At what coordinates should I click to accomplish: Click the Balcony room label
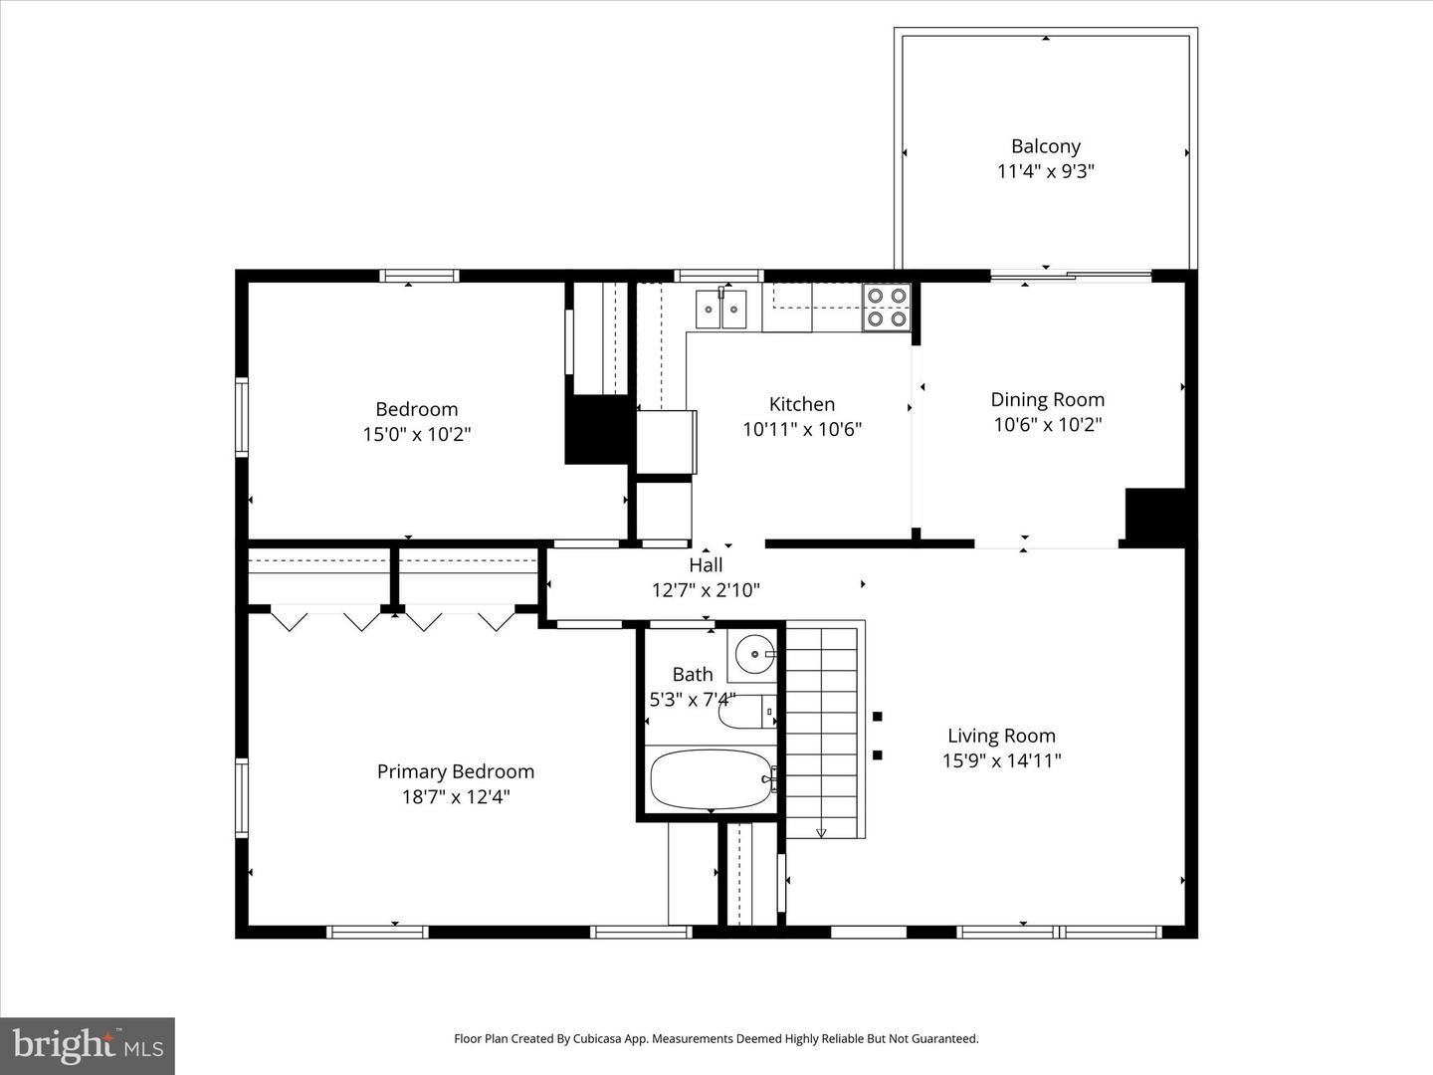[1045, 146]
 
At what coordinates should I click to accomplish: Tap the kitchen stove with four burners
[886, 307]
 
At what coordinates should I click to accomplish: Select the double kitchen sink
[720, 308]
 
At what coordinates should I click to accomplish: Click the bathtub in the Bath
[711, 779]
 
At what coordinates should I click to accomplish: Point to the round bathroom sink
[755, 654]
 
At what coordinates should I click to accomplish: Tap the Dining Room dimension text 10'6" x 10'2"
[1047, 425]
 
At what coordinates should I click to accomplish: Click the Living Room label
[1001, 736]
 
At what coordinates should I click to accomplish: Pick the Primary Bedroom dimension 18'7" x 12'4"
[456, 796]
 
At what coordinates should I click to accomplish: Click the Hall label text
[706, 565]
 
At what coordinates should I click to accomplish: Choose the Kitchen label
[802, 404]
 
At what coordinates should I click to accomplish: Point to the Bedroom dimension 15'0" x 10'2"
[416, 434]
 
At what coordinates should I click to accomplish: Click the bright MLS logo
[88, 1045]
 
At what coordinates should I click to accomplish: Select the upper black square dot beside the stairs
[877, 716]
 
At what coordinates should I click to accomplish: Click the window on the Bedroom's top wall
[419, 276]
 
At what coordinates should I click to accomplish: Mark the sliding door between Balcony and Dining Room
[1071, 276]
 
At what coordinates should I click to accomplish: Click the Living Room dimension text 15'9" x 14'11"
[1001, 760]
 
